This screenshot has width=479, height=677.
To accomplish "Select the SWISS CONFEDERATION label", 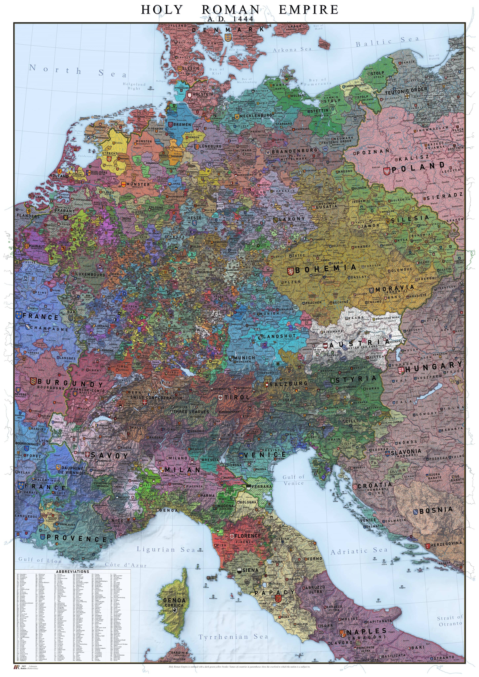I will [156, 398].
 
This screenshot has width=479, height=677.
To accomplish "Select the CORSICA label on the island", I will [174, 605].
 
